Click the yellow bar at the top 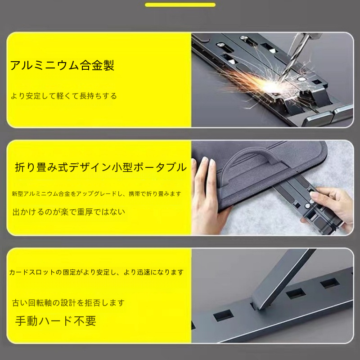(x=180, y=5)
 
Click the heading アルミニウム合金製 (x=62, y=65)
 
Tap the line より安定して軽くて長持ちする (x=64, y=96)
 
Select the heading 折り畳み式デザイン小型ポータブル (x=101, y=167)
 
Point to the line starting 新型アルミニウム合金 (x=97, y=194)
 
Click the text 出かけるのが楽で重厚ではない (x=69, y=211)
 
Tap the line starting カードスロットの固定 (x=96, y=272)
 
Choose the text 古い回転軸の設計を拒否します (x=68, y=303)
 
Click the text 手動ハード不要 (x=55, y=321)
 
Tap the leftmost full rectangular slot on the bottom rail (x=223, y=315)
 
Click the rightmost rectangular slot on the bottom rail (x=330, y=283)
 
